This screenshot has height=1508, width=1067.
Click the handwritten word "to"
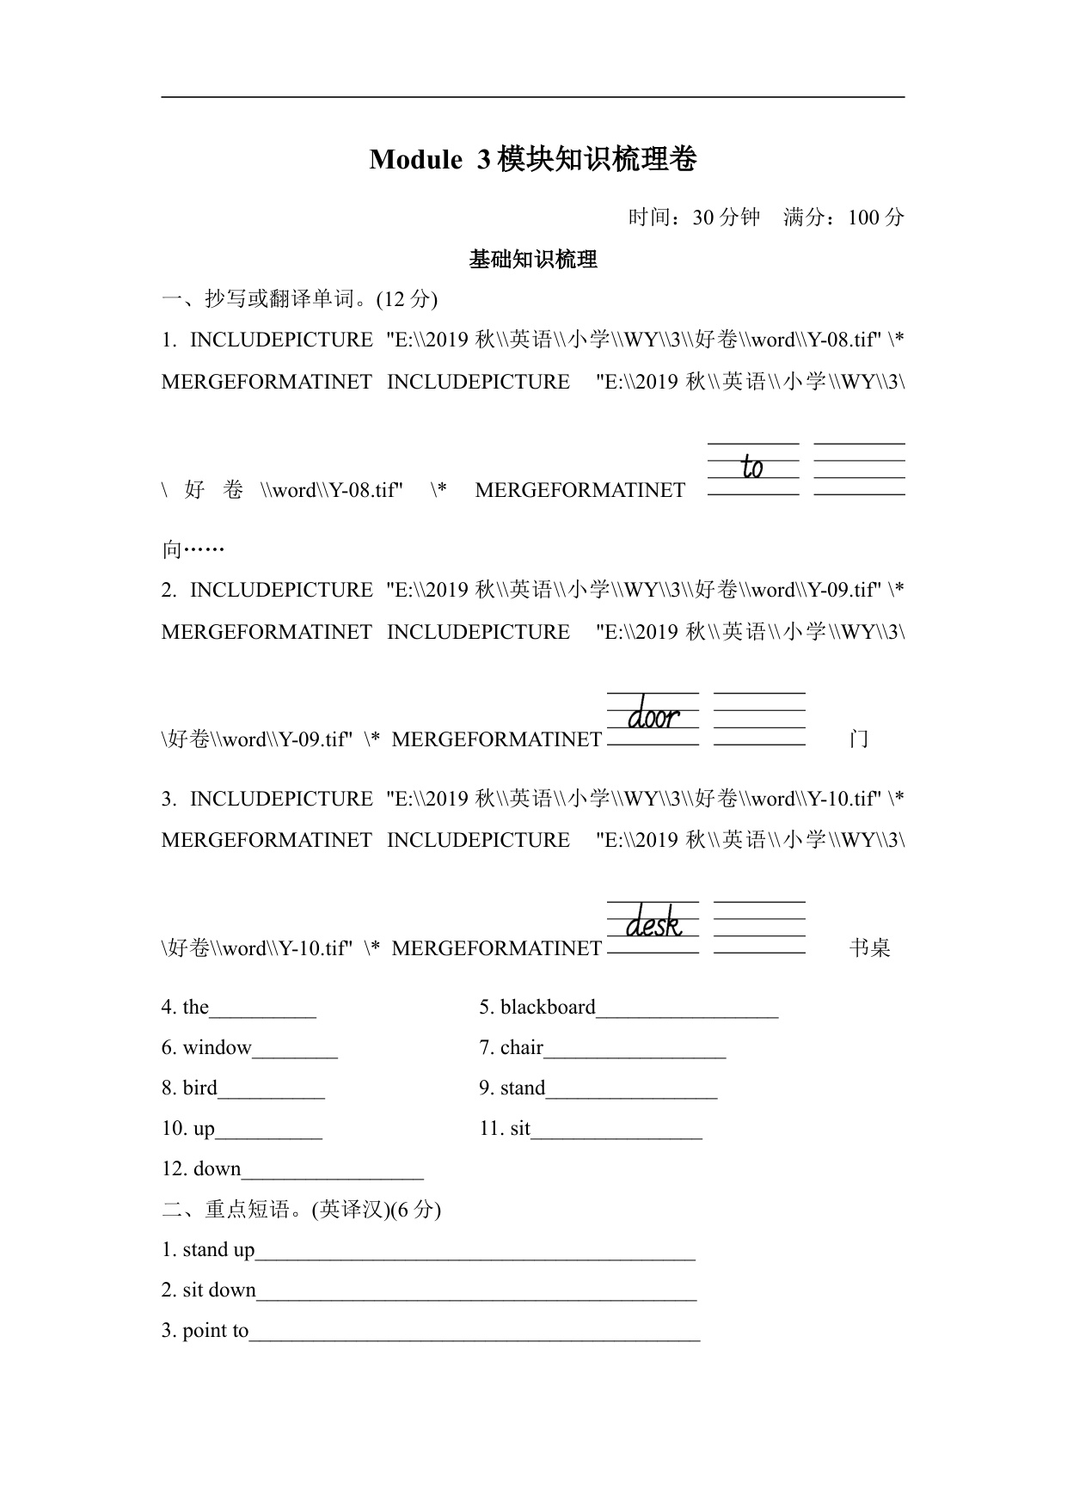(x=752, y=467)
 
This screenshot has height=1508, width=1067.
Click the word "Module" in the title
(x=415, y=159)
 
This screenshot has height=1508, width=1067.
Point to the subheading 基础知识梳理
(x=533, y=259)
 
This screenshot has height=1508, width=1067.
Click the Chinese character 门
(x=858, y=739)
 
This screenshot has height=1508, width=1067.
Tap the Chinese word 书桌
(x=869, y=948)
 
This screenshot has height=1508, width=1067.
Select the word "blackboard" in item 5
(x=548, y=1007)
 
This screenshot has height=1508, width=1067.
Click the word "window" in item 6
(x=217, y=1047)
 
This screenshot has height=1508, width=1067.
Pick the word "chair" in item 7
(x=522, y=1047)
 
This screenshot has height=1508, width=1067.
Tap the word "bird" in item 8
(x=200, y=1088)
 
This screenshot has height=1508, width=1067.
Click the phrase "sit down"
(x=219, y=1290)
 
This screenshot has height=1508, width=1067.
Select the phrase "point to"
(x=216, y=1330)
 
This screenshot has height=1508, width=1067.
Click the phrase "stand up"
(x=218, y=1249)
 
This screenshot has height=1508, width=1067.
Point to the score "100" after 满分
(x=864, y=218)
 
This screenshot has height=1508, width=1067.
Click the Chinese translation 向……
(x=193, y=549)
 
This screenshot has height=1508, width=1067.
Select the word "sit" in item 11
(x=520, y=1128)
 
